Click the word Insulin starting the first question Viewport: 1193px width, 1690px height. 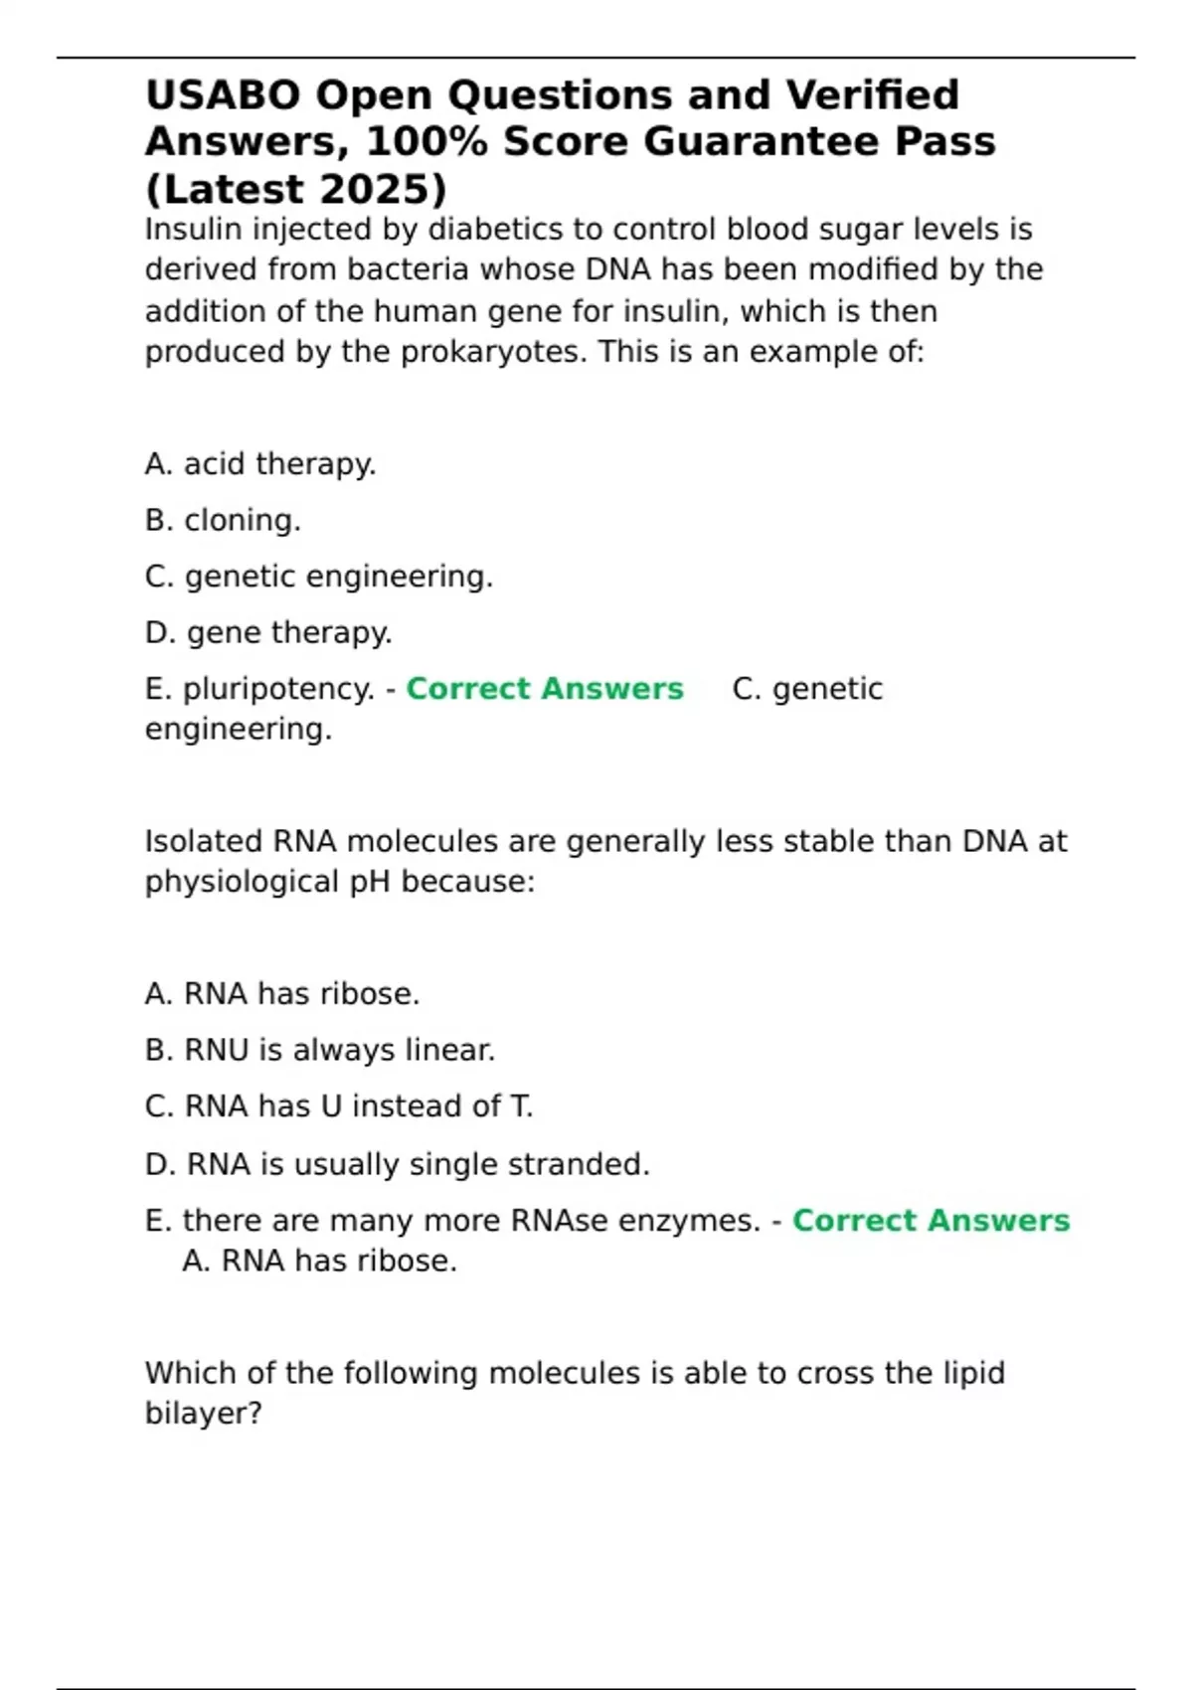(194, 230)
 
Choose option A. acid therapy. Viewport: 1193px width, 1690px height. (260, 464)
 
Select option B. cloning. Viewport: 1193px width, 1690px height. (223, 520)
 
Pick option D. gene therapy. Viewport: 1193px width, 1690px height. (268, 632)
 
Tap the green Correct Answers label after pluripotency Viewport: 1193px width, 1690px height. (545, 689)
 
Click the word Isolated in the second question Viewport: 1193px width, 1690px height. (204, 842)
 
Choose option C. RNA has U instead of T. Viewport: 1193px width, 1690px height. (339, 1106)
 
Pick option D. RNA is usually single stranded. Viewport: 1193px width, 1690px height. (398, 1164)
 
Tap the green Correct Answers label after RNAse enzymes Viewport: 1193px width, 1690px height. (931, 1221)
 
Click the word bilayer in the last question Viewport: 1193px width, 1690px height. (203, 1414)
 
